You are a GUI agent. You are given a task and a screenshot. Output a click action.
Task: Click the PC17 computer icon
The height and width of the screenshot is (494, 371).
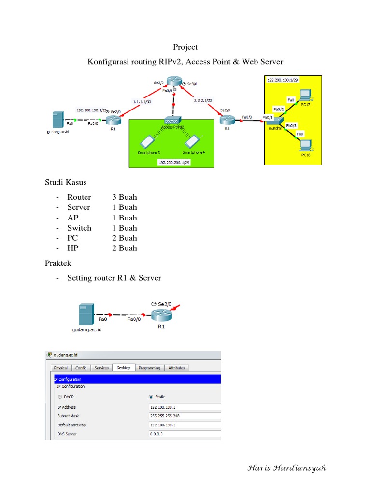point(305,95)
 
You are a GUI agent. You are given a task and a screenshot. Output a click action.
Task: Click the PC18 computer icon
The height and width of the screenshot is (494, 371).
point(305,144)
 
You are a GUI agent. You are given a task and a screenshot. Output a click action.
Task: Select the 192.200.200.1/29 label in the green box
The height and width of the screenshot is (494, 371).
point(173,163)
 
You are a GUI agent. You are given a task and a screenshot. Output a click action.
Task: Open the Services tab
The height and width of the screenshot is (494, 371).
point(101,368)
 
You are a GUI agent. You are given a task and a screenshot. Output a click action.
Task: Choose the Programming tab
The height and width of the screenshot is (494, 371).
point(149,368)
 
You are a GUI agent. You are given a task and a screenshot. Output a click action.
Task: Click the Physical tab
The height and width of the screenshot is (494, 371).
point(61,368)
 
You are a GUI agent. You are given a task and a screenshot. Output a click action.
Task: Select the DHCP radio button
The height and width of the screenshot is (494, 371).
point(60,397)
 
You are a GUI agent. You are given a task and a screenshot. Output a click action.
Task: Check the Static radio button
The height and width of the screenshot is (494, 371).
point(152,397)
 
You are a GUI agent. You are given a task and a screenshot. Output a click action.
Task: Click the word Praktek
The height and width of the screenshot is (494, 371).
point(57,263)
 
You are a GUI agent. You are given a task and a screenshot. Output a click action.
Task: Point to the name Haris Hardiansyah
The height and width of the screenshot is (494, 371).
point(286,468)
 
